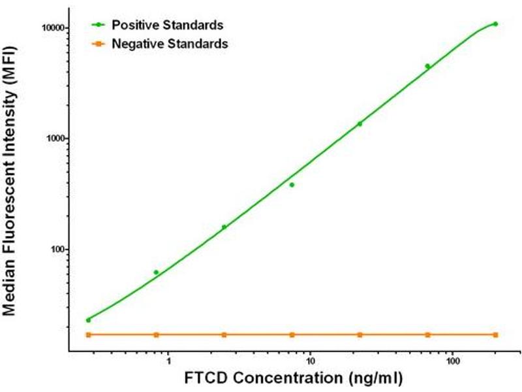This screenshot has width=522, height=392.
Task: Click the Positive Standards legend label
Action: coord(168,25)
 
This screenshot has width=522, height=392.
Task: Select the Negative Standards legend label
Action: coord(170,44)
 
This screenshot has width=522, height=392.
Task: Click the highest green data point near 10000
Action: coord(495,24)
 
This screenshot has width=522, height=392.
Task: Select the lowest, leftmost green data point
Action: coord(88,320)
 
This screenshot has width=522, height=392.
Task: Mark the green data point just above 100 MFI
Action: coord(224,227)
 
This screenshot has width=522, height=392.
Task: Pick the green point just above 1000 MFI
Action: coord(360,123)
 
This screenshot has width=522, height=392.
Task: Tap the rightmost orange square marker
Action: coord(495,335)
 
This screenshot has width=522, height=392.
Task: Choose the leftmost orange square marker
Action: coord(88,335)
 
